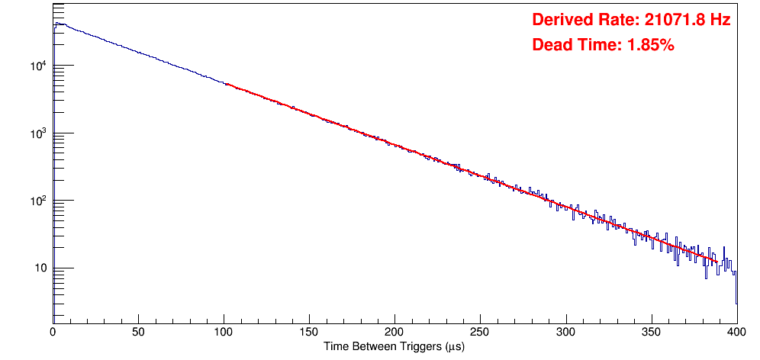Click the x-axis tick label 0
point(53,332)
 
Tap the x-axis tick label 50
point(138,332)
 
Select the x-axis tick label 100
point(224,332)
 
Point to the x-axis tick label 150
point(309,332)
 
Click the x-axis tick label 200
point(394,332)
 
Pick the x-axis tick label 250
point(480,332)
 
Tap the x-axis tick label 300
point(565,332)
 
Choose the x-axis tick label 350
point(651,332)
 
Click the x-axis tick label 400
point(736,332)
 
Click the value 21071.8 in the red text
point(669,21)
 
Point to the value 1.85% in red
point(650,45)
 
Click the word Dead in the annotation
point(551,45)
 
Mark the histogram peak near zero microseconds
point(56,24)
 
